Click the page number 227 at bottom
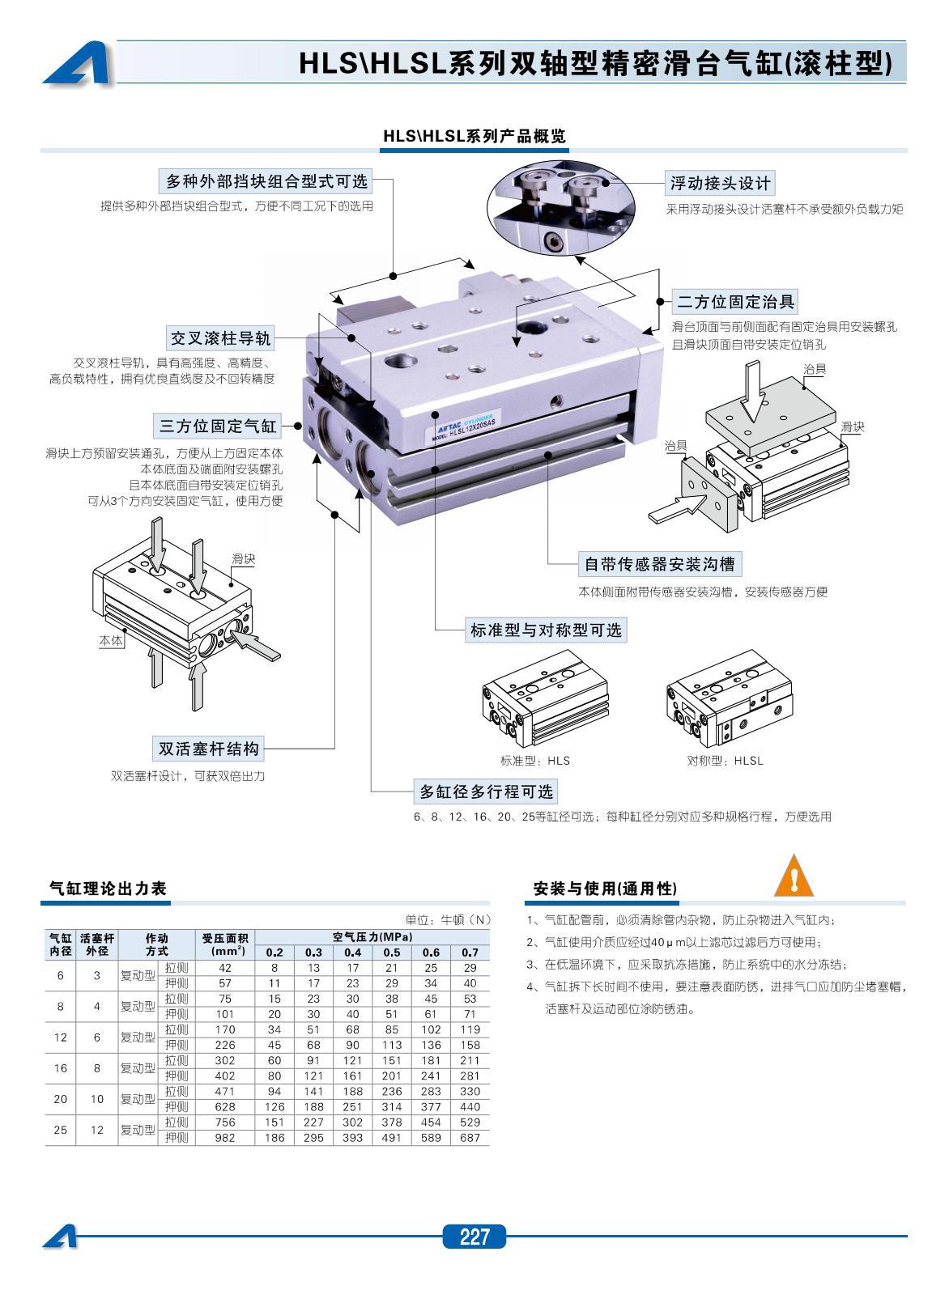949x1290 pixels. [474, 1237]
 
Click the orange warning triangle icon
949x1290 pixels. [794, 876]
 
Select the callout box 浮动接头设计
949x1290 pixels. [720, 183]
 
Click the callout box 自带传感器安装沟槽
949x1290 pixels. [660, 563]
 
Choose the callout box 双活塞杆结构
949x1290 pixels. [209, 749]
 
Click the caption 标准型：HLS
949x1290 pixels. [535, 761]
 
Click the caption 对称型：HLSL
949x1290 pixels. [725, 761]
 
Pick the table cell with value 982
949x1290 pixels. [224, 1138]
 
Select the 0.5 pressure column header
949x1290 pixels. [392, 953]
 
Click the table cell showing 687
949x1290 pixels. [470, 1138]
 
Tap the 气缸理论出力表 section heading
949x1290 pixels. [108, 889]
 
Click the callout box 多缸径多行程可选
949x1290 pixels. [485, 791]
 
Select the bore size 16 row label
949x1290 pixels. [60, 1068]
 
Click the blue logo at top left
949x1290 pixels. [76, 64]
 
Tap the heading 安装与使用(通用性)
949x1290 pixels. [604, 889]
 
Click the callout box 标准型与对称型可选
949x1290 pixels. [547, 630]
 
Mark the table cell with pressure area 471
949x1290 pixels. [224, 1092]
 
